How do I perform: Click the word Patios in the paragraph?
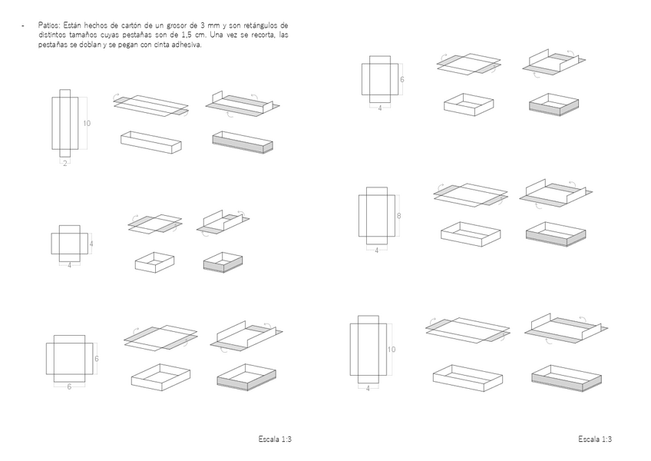48,25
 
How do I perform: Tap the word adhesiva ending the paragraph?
186,45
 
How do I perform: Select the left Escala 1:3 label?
276,439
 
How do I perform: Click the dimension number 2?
64,164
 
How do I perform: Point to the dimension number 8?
398,216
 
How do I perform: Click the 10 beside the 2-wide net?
87,123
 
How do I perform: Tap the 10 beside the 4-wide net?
391,350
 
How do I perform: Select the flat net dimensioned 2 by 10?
64,122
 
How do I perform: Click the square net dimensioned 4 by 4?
68,242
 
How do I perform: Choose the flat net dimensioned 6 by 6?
69,357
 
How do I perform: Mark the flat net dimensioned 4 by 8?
376,215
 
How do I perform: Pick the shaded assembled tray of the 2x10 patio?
242,142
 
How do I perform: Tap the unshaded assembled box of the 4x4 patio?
154,262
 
